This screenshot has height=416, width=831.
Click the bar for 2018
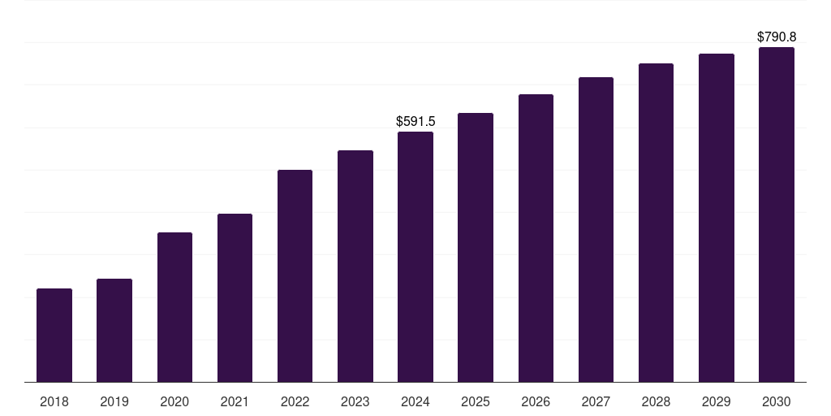pyautogui.click(x=54, y=335)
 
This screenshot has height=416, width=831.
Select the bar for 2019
pyautogui.click(x=114, y=330)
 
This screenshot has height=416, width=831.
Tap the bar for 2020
pyautogui.click(x=174, y=307)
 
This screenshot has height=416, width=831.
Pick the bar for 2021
pyautogui.click(x=235, y=297)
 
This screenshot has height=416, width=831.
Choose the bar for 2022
pyautogui.click(x=295, y=275)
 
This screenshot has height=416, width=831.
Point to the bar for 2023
pyautogui.click(x=355, y=266)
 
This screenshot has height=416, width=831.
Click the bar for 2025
pyautogui.click(x=476, y=247)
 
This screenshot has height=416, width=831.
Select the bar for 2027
pyautogui.click(x=596, y=229)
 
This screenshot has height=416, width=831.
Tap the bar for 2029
pyautogui.click(x=717, y=218)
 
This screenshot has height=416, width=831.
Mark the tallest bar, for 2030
pyautogui.click(x=777, y=214)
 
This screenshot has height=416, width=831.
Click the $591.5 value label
pyautogui.click(x=415, y=121)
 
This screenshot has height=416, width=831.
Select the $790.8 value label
pyautogui.click(x=777, y=37)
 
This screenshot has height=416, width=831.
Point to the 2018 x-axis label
pyautogui.click(x=54, y=401)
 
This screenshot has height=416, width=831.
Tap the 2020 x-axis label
pyautogui.click(x=174, y=401)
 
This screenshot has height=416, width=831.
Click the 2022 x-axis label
pyautogui.click(x=295, y=401)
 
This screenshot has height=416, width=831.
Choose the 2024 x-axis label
pyautogui.click(x=415, y=401)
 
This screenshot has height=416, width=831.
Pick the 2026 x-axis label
pyautogui.click(x=536, y=401)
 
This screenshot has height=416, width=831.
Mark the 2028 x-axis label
pyautogui.click(x=656, y=401)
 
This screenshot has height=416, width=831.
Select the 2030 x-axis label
pyautogui.click(x=777, y=401)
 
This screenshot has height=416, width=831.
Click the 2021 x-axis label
pyautogui.click(x=235, y=401)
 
